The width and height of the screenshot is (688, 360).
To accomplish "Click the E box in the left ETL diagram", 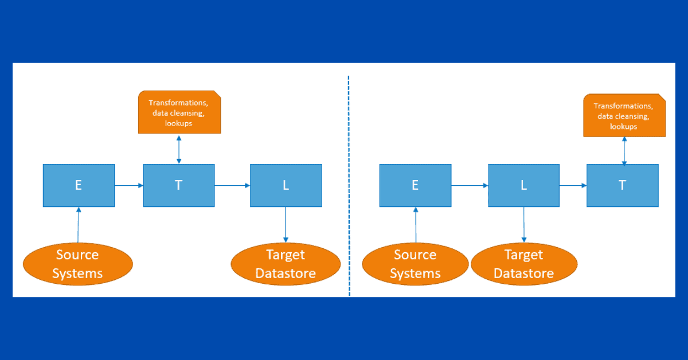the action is pos(79,185).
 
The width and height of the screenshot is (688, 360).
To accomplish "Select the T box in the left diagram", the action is pos(179,185).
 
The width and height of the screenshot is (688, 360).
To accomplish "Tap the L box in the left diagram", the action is pos(286,185).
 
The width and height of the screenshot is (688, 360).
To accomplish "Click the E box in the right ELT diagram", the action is pos(415,185).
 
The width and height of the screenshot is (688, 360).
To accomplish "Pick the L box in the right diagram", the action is pos(523,185).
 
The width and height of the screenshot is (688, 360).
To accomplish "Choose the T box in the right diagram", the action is pos(623,185).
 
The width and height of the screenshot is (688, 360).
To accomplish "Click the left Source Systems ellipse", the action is pos(78,264).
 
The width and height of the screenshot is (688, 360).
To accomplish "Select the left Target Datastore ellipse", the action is pos(286,264).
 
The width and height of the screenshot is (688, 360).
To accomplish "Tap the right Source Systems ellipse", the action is pos(415,264).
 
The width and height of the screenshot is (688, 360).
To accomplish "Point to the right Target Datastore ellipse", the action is pos(524,264).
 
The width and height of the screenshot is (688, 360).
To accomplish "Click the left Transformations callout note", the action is pos(179,112).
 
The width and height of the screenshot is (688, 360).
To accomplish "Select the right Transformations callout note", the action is pos(624,115).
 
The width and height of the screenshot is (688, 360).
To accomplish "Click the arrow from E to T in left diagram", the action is pos(129,185).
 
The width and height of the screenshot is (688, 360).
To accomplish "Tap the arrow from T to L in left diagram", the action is pos(232,185).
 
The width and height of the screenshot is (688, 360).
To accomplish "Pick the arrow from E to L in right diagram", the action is pos(470,185).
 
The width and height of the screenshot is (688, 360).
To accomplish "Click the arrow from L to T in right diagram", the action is pos(573,185).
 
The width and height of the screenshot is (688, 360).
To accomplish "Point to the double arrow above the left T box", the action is pos(179,150).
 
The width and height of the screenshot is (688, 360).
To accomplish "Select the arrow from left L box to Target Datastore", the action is pos(286,225).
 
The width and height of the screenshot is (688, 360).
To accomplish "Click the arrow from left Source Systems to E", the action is pos(79,225).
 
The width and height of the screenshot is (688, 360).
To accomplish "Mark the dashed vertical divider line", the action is pos(349,186).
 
